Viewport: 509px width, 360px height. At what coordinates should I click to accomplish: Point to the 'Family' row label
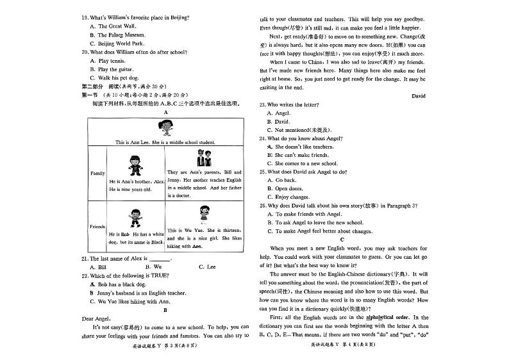[x=97, y=173]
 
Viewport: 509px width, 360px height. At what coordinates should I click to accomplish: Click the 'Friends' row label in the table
[x=97, y=227]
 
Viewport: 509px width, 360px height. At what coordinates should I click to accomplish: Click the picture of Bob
[x=136, y=216]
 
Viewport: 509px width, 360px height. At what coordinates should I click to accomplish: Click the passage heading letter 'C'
[x=342, y=239]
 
